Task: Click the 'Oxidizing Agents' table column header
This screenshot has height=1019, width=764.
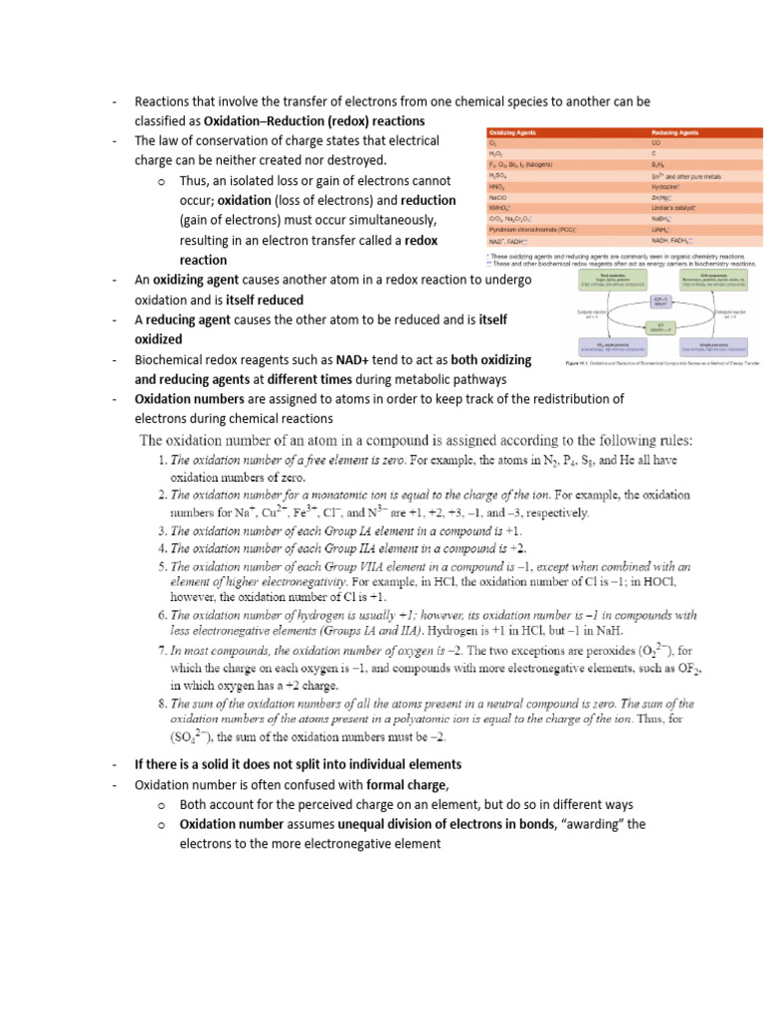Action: (511, 132)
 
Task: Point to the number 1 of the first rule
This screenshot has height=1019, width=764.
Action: (162, 461)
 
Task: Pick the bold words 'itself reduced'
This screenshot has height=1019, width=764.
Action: (266, 300)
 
